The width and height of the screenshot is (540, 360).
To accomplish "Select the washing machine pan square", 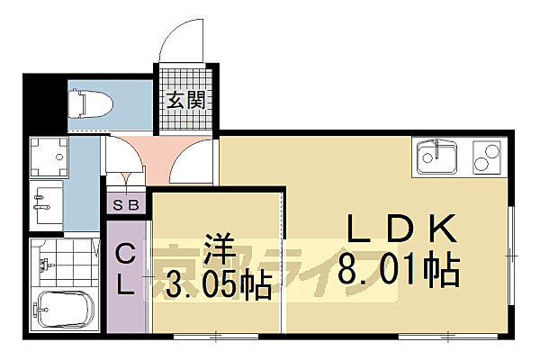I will [49, 157].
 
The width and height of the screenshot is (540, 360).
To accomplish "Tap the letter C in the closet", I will [125, 256].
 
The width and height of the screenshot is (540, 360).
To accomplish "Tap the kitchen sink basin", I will [436, 159].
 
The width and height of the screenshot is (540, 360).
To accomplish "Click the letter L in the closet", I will [125, 286].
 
